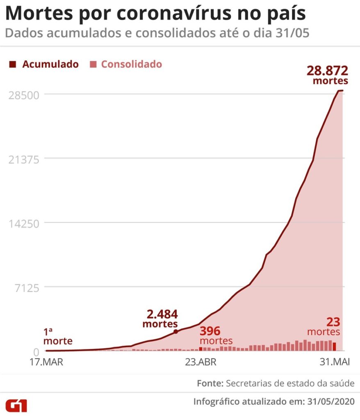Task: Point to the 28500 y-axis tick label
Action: [24, 95]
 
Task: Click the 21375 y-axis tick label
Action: [24, 159]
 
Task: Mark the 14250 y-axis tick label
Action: [24, 224]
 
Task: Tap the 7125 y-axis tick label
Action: [27, 288]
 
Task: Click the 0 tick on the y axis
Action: [36, 352]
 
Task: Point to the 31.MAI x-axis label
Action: [335, 363]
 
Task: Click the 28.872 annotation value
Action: [327, 71]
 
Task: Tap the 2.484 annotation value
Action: [162, 315]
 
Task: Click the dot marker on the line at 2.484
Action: [176, 331]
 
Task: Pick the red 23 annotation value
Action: [333, 322]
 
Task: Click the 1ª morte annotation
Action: [58, 336]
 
